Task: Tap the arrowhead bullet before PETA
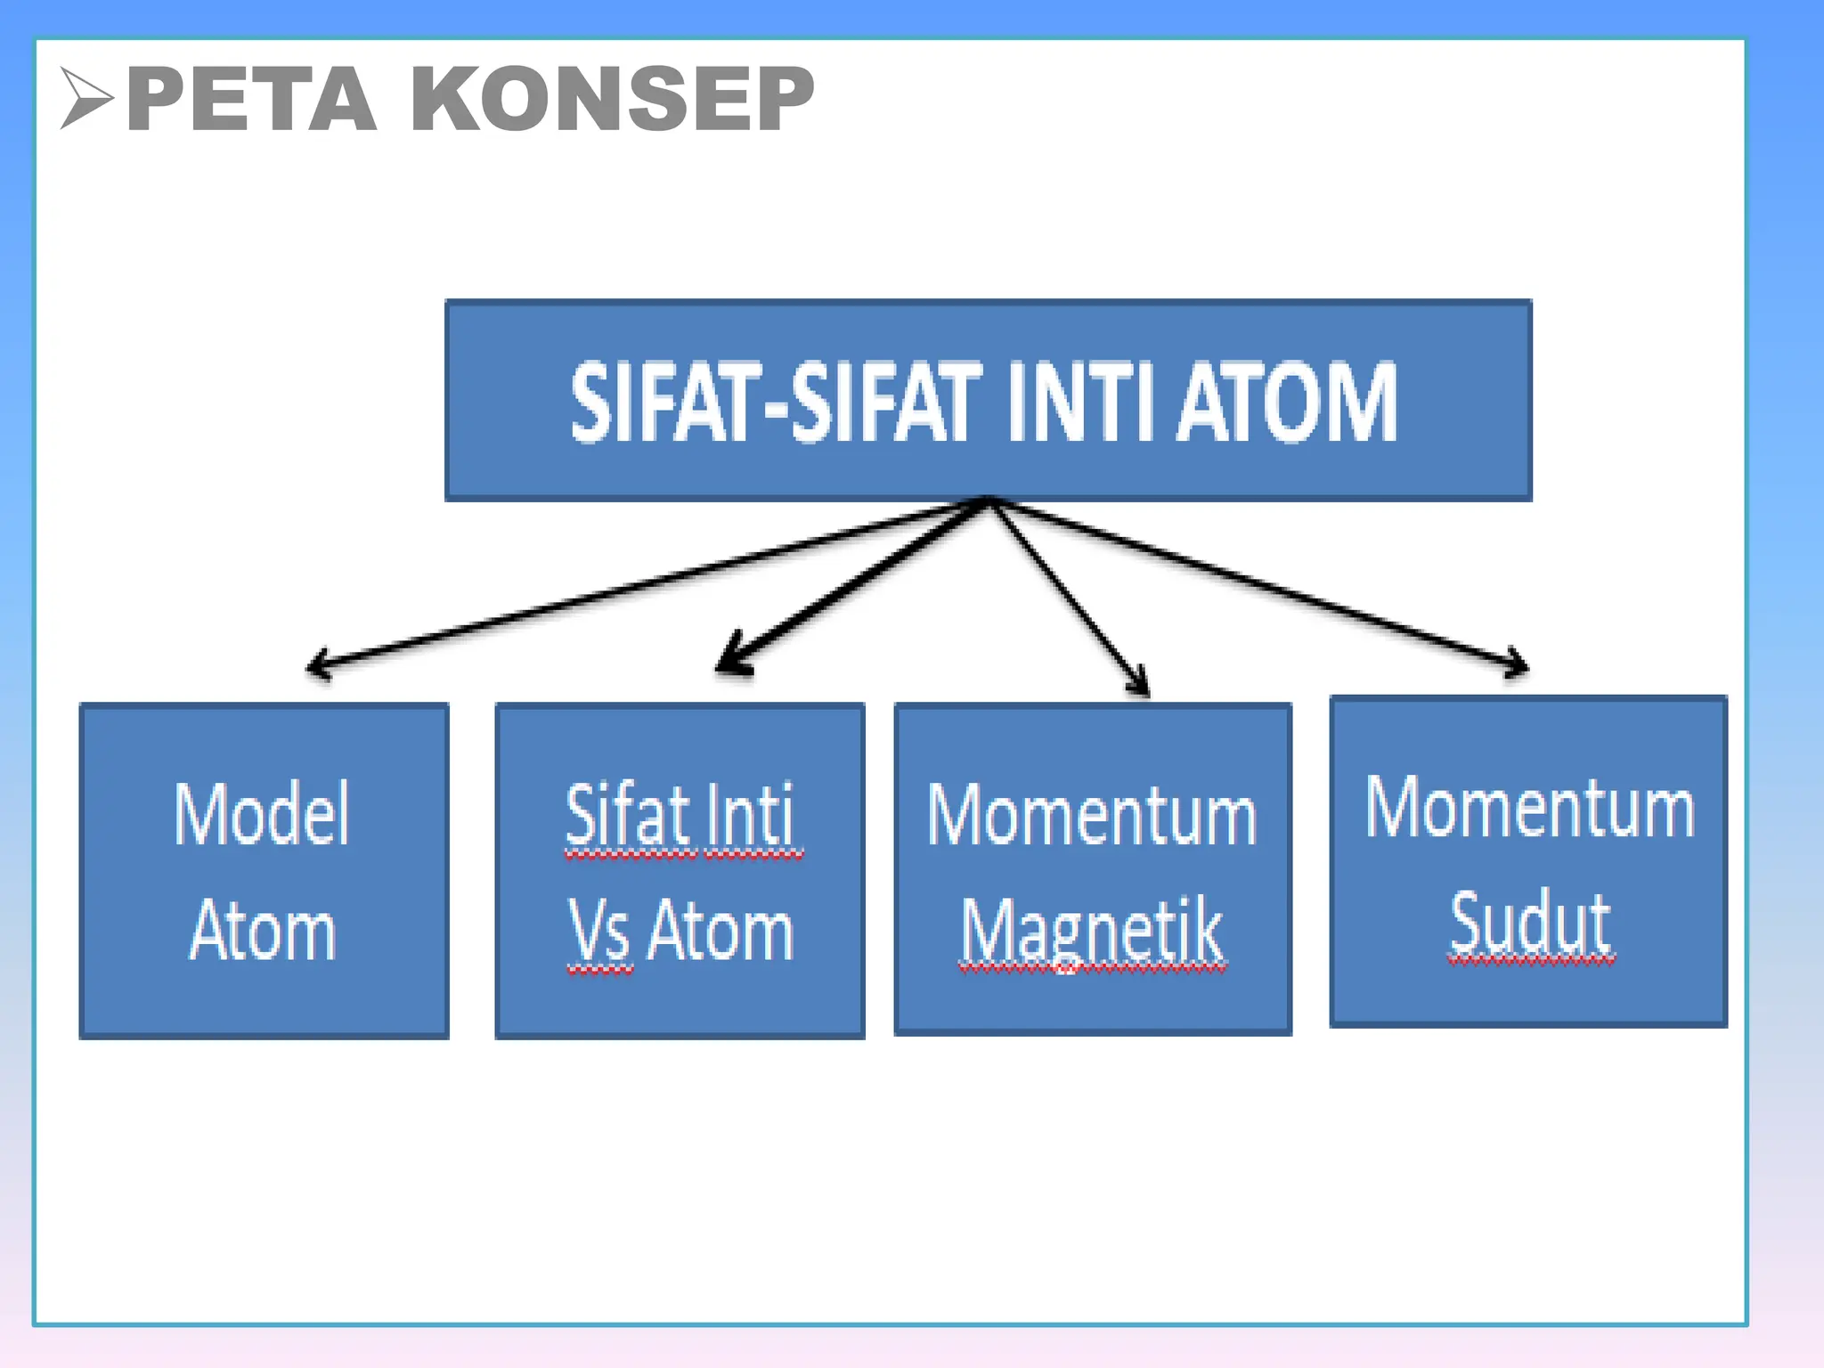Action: click(86, 98)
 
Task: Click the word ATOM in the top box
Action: click(1287, 403)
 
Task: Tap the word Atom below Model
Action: click(264, 931)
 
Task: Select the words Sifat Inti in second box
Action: click(680, 815)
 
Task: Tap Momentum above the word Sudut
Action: click(1530, 808)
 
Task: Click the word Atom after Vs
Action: click(721, 931)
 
